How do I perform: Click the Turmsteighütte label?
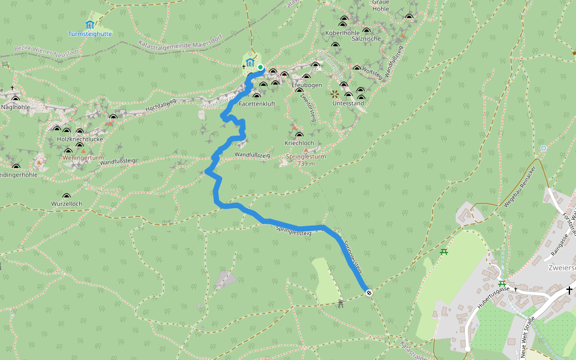coord(89,34)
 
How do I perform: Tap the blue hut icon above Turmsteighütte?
coord(89,25)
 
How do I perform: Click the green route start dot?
coord(260,67)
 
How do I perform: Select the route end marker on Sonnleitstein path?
coord(368,293)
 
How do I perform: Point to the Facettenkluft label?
coord(257,104)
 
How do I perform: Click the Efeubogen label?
coord(307,85)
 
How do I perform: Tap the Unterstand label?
coord(348,103)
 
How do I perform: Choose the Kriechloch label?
coord(299,143)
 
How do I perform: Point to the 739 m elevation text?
coord(305,163)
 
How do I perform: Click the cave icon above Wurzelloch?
coord(66,196)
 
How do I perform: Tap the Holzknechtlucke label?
coord(80,139)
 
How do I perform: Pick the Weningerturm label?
coord(79,157)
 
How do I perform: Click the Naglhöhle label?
coord(16,107)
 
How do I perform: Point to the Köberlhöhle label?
coord(341,32)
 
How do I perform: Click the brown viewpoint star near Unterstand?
coord(335,94)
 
